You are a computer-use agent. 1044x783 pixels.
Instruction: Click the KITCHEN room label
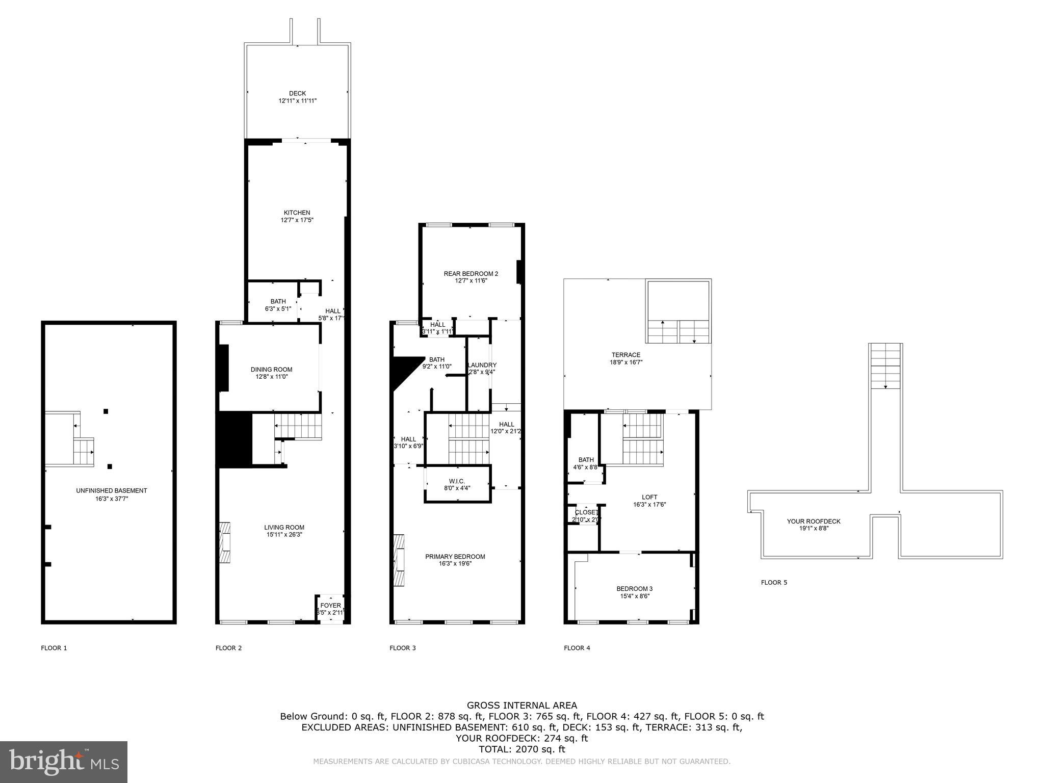[297, 213]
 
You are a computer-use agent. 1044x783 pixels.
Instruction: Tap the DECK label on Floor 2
[297, 93]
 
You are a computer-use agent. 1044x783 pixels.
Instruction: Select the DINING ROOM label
[271, 370]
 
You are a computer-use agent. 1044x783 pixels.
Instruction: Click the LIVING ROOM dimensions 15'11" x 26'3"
[284, 535]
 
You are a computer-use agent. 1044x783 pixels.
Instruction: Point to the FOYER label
[330, 606]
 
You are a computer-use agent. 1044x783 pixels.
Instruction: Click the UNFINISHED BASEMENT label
[111, 491]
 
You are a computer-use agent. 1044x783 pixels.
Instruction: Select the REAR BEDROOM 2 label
[471, 274]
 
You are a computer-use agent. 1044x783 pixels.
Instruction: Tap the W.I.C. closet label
[457, 481]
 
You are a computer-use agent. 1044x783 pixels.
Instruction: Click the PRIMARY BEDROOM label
[455, 557]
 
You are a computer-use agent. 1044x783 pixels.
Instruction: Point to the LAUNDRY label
[482, 365]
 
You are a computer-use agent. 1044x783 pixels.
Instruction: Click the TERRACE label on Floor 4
[626, 355]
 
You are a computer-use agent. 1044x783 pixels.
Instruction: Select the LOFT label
[649, 497]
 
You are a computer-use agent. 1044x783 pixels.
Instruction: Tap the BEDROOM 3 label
[634, 589]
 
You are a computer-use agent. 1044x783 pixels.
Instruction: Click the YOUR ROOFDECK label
[814, 521]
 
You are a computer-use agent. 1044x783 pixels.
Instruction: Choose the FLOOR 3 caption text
[403, 648]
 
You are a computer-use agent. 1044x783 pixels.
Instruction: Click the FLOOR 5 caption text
[774, 582]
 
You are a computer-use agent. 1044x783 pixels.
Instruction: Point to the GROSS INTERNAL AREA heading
[522, 706]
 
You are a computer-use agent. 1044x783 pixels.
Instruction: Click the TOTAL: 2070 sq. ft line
[522, 749]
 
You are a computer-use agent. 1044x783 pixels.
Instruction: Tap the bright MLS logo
[64, 762]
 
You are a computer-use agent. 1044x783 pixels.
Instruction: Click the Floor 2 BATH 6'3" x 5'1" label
[278, 301]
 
